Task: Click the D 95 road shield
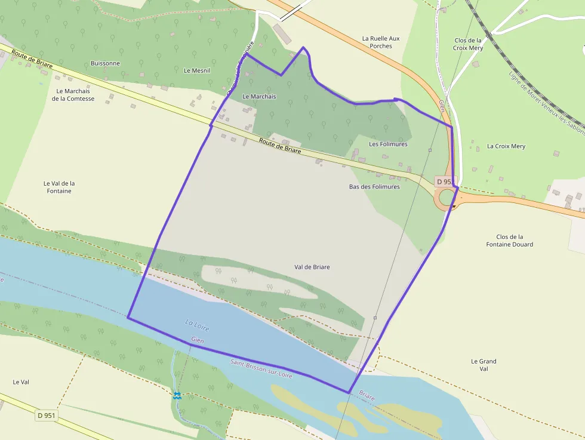(x=444, y=181)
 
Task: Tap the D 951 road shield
(x=46, y=415)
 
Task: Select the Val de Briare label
(x=312, y=267)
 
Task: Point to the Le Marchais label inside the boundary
(x=259, y=96)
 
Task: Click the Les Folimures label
(x=388, y=144)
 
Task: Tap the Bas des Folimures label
(x=374, y=187)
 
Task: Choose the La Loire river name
(x=197, y=326)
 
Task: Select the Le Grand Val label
(x=484, y=365)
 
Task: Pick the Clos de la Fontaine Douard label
(x=509, y=241)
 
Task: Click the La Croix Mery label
(x=506, y=146)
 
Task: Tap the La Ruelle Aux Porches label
(x=381, y=42)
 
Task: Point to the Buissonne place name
(x=105, y=63)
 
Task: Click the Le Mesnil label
(x=197, y=70)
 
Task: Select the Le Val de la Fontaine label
(x=59, y=187)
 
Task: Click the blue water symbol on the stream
(x=177, y=395)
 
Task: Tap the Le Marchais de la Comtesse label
(x=73, y=95)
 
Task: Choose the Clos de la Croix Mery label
(x=468, y=44)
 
